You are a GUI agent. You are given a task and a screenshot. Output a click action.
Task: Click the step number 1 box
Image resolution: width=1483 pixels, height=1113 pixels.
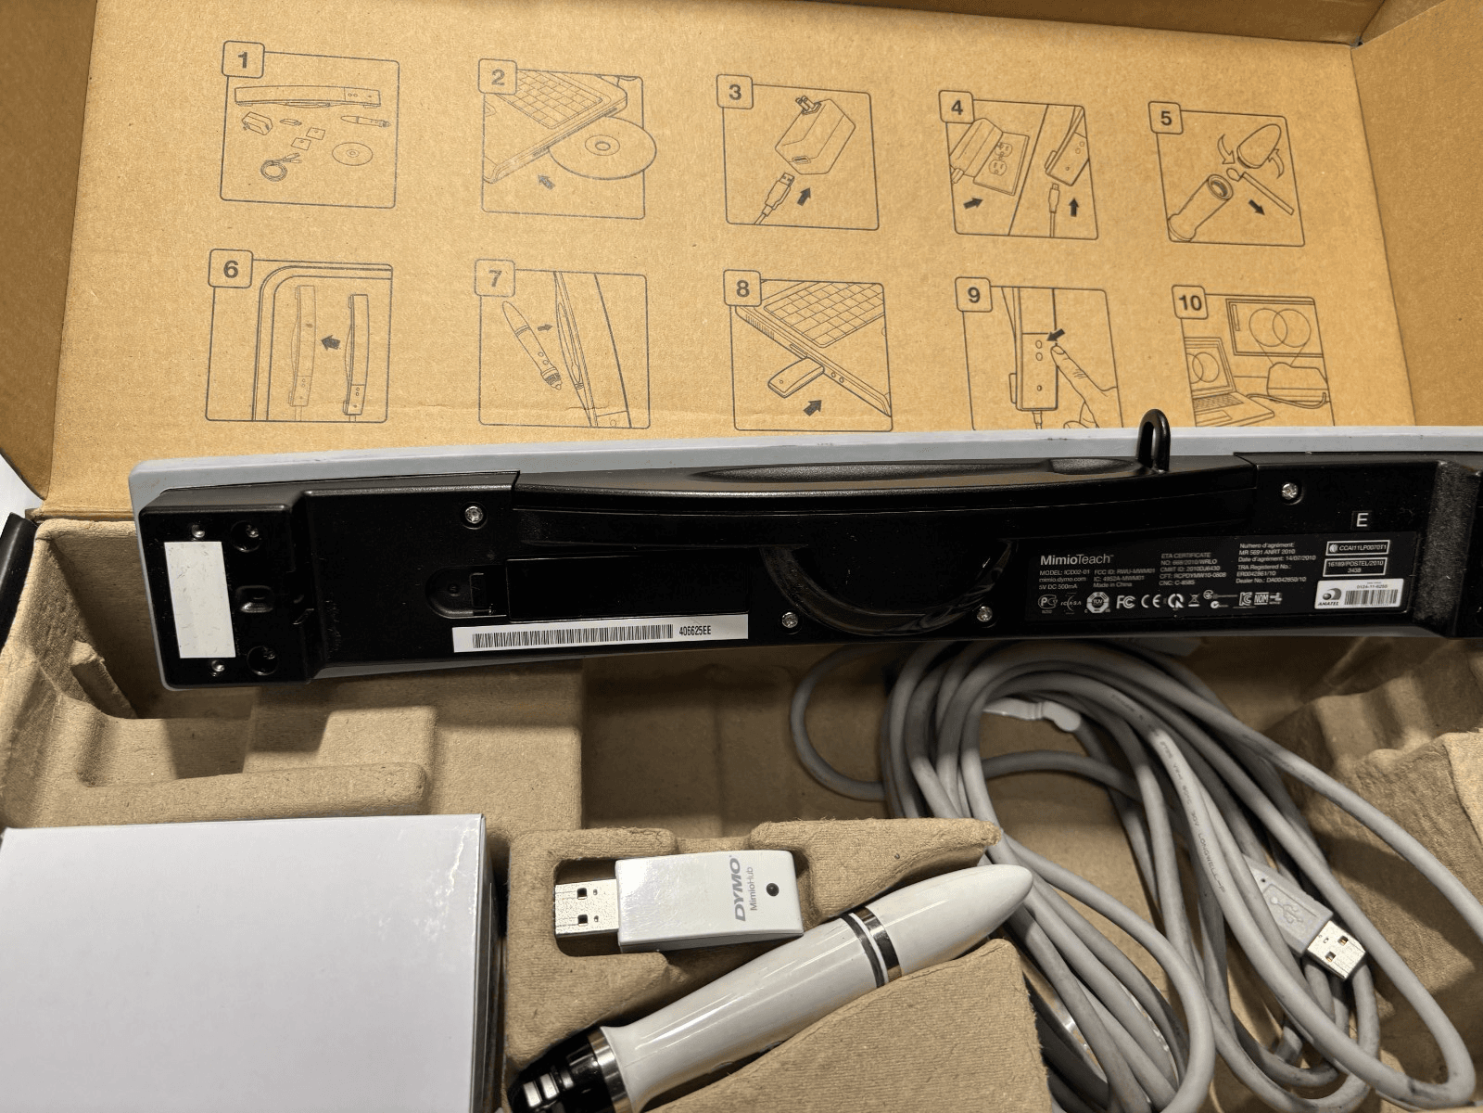(x=244, y=62)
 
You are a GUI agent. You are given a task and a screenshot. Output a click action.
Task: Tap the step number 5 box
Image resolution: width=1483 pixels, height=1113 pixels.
(x=1166, y=118)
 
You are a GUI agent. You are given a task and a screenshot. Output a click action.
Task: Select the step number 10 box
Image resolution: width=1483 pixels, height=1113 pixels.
(x=1190, y=302)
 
